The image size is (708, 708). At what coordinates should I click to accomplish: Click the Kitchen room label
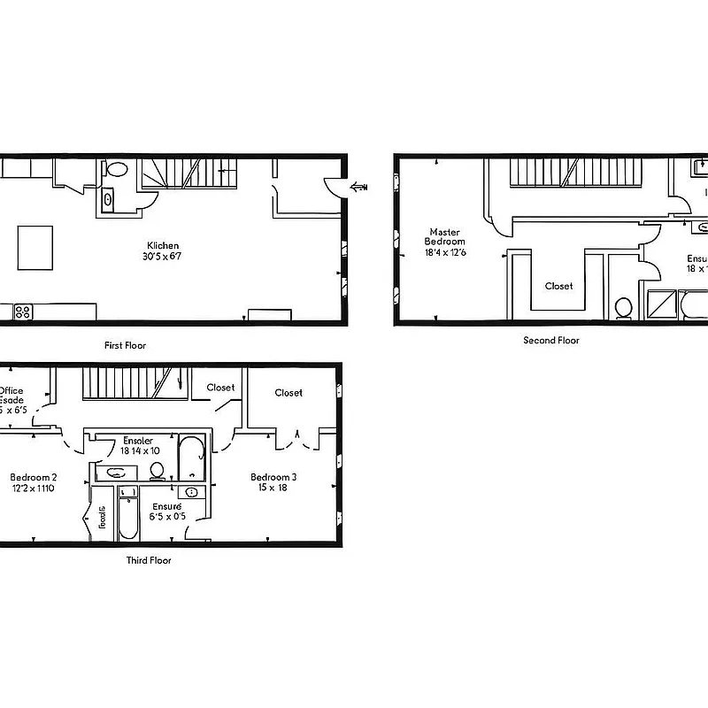pyautogui.click(x=163, y=246)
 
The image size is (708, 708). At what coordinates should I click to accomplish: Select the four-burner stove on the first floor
pyautogui.click(x=23, y=312)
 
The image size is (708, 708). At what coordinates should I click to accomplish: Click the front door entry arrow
pyautogui.click(x=359, y=186)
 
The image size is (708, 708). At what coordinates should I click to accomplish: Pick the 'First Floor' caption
pyautogui.click(x=124, y=345)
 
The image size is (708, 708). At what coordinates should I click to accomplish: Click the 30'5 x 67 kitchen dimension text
pyautogui.click(x=163, y=257)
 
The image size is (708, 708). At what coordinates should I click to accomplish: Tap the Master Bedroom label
pyautogui.click(x=444, y=236)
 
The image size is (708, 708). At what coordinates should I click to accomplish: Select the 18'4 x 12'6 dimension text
pyautogui.click(x=445, y=252)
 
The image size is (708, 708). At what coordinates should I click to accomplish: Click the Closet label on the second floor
pyautogui.click(x=558, y=286)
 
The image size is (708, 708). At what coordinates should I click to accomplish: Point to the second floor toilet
pyautogui.click(x=624, y=307)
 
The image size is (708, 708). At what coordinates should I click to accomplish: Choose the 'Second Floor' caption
pyautogui.click(x=550, y=340)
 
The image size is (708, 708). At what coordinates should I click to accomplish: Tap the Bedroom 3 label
pyautogui.click(x=273, y=477)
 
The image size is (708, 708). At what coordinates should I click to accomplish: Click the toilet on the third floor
pyautogui.click(x=158, y=469)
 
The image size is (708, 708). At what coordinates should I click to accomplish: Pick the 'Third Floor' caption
pyautogui.click(x=149, y=560)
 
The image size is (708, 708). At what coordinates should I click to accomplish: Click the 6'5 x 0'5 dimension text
pyautogui.click(x=167, y=517)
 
